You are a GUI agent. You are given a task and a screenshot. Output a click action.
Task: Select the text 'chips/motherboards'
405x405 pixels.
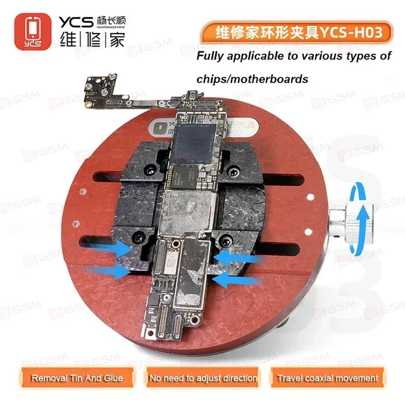click(252, 80)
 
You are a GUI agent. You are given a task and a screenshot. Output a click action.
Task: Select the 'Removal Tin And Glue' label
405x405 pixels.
click(73, 378)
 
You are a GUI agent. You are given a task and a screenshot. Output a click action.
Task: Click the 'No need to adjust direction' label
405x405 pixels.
click(202, 378)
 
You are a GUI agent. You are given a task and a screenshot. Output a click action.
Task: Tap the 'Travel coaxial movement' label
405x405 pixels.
click(327, 378)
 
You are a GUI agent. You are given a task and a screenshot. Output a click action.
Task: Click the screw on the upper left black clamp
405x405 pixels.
click(150, 170)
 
